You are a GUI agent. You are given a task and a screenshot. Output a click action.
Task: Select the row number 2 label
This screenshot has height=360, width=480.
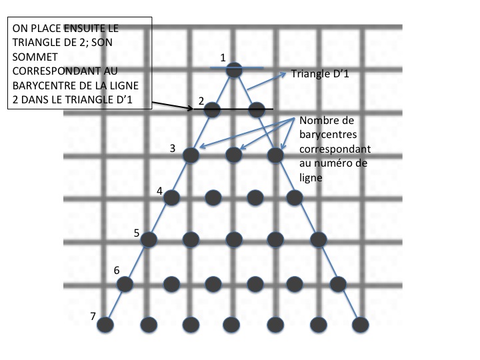pyautogui.click(x=200, y=101)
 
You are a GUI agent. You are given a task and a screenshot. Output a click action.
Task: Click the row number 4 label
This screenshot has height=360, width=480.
pyautogui.click(x=159, y=191)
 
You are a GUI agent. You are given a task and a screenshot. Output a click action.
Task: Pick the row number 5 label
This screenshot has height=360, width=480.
pyautogui.click(x=136, y=233)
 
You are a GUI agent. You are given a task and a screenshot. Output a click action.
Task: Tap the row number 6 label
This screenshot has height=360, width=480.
pyautogui.click(x=117, y=271)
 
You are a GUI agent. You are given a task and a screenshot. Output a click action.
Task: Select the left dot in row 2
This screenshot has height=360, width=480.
pyautogui.click(x=212, y=110)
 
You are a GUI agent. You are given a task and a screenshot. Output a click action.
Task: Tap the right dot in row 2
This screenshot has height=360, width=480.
pyautogui.click(x=257, y=110)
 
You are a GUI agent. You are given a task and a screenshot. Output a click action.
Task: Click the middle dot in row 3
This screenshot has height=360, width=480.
pyautogui.click(x=233, y=155)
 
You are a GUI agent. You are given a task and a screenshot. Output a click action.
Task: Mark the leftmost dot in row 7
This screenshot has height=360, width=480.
pyautogui.click(x=105, y=325)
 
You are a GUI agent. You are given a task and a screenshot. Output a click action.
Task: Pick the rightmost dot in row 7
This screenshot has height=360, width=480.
pyautogui.click(x=361, y=325)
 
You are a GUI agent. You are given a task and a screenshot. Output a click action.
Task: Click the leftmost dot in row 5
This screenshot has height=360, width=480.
pyautogui.click(x=149, y=239)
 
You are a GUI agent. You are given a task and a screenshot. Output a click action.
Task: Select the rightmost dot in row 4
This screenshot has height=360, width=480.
pyautogui.click(x=293, y=197)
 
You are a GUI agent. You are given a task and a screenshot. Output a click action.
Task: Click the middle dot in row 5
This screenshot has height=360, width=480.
pyautogui.click(x=233, y=239)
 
